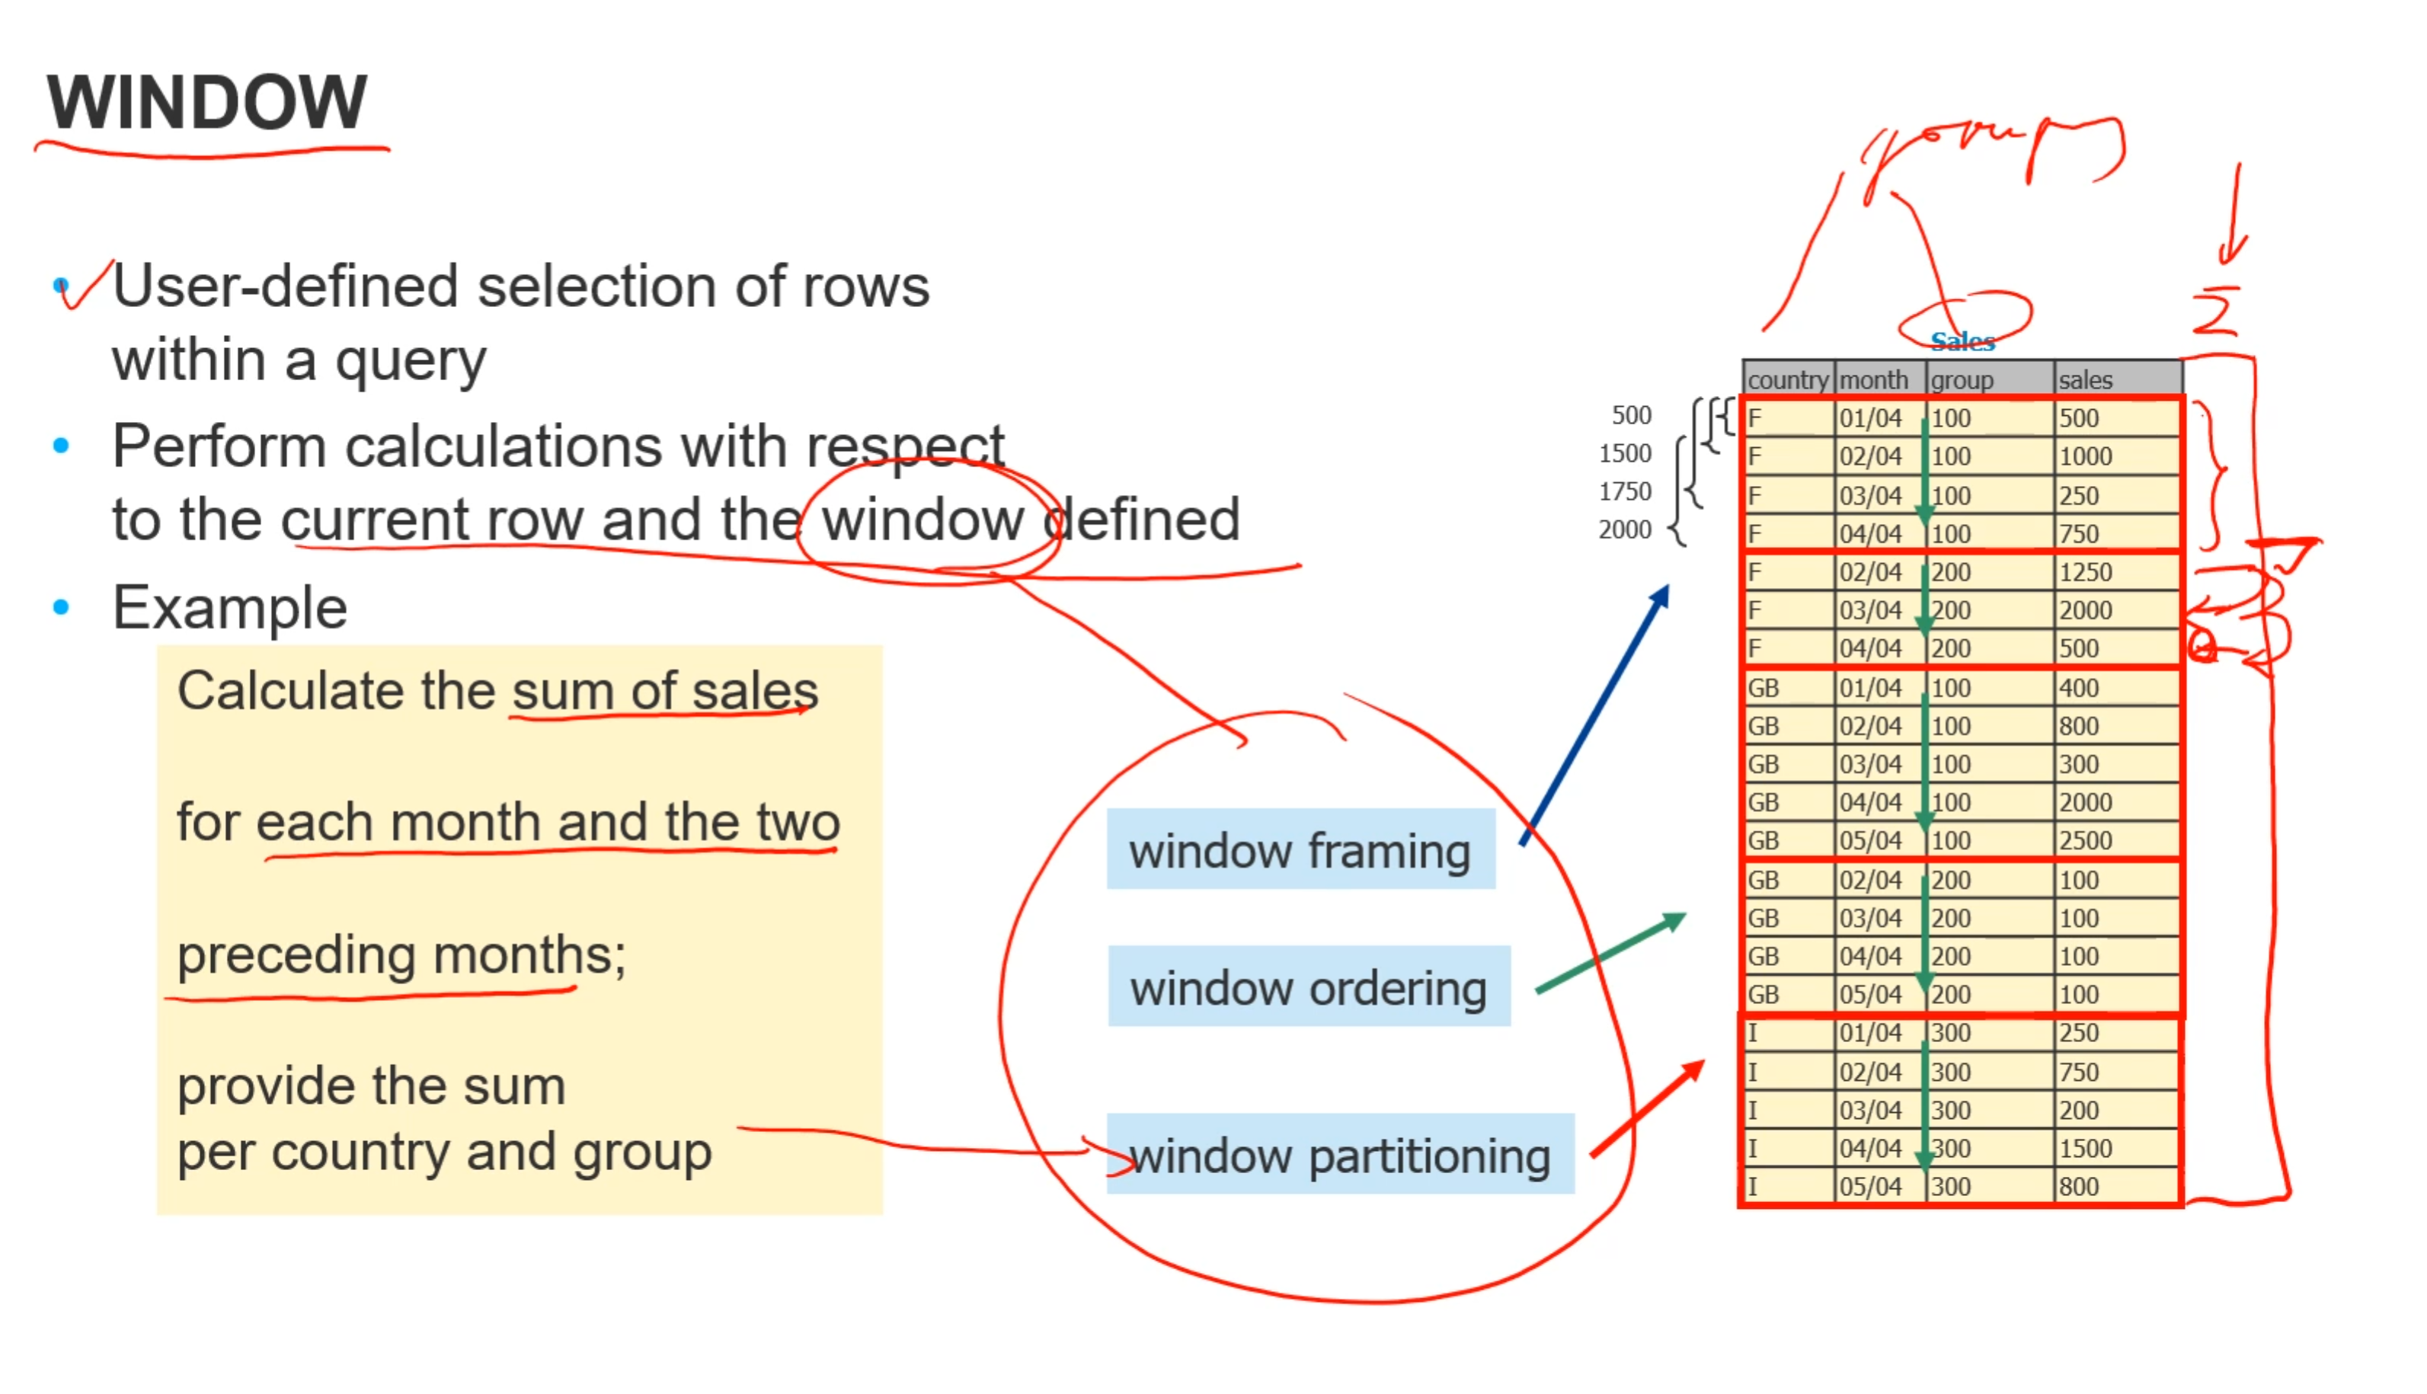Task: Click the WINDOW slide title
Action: tap(206, 101)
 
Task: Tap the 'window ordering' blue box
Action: tap(1308, 987)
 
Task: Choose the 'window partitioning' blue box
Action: tap(1339, 1155)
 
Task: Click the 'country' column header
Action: tap(1786, 380)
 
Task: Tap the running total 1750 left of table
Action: tap(1625, 492)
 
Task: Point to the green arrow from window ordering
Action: tap(1610, 954)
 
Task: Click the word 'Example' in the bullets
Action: tap(230, 608)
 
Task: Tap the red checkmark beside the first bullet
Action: tap(85, 286)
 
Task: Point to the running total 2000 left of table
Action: tap(1625, 529)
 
